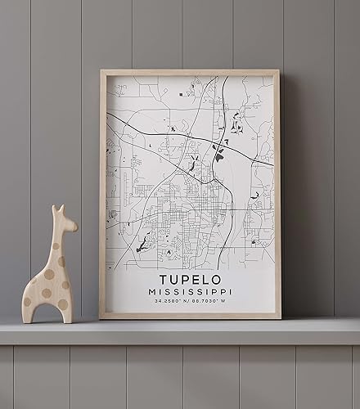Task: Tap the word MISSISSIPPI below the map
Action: point(190,292)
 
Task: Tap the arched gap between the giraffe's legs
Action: point(47,308)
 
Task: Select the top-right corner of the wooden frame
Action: point(278,71)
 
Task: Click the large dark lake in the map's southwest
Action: point(144,243)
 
